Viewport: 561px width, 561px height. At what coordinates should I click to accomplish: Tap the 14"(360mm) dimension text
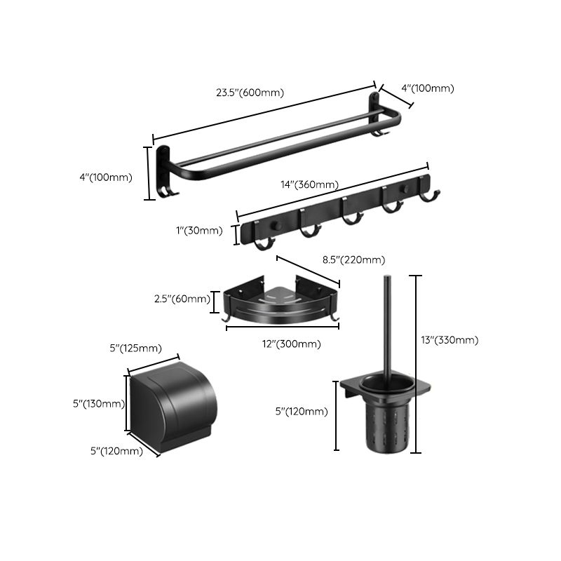(309, 185)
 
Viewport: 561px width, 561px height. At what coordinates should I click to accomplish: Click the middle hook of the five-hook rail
(348, 219)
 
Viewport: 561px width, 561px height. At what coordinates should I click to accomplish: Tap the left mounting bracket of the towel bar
(165, 172)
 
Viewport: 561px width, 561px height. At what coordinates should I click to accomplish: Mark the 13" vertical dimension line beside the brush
(418, 365)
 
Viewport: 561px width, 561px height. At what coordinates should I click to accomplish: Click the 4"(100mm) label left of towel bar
(106, 177)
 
